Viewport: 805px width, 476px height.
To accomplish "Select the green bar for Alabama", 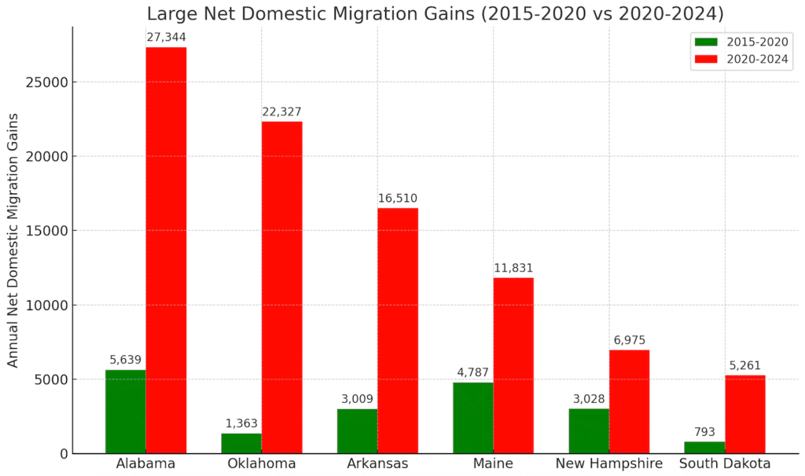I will pos(126,412).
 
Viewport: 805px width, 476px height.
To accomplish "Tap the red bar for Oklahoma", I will pos(281,287).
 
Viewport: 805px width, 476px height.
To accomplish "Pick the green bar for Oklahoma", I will pos(241,443).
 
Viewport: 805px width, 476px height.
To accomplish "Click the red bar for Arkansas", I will pos(398,330).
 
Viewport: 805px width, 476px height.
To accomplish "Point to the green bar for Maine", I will pos(473,418).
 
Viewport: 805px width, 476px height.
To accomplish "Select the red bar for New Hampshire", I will pos(629,401).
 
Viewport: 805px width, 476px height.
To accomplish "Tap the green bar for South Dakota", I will pos(705,447).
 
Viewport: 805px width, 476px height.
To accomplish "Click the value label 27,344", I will pos(166,37).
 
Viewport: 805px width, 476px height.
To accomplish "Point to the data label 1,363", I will pos(241,423).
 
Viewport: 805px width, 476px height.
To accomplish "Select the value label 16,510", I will pos(398,198).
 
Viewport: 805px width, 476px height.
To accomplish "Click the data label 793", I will pos(705,432).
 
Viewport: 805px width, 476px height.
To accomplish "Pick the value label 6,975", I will pos(629,340).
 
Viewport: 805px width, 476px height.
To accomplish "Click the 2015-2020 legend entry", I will pos(741,42).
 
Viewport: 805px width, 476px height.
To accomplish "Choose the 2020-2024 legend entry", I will pos(741,59).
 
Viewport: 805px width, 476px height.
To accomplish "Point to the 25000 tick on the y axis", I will pos(46,82).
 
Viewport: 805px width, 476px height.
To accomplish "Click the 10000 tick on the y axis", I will pos(46,306).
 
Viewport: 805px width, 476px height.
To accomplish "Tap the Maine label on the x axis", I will pos(493,463).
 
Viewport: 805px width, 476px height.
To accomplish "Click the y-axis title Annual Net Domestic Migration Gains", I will pos(13,239).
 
